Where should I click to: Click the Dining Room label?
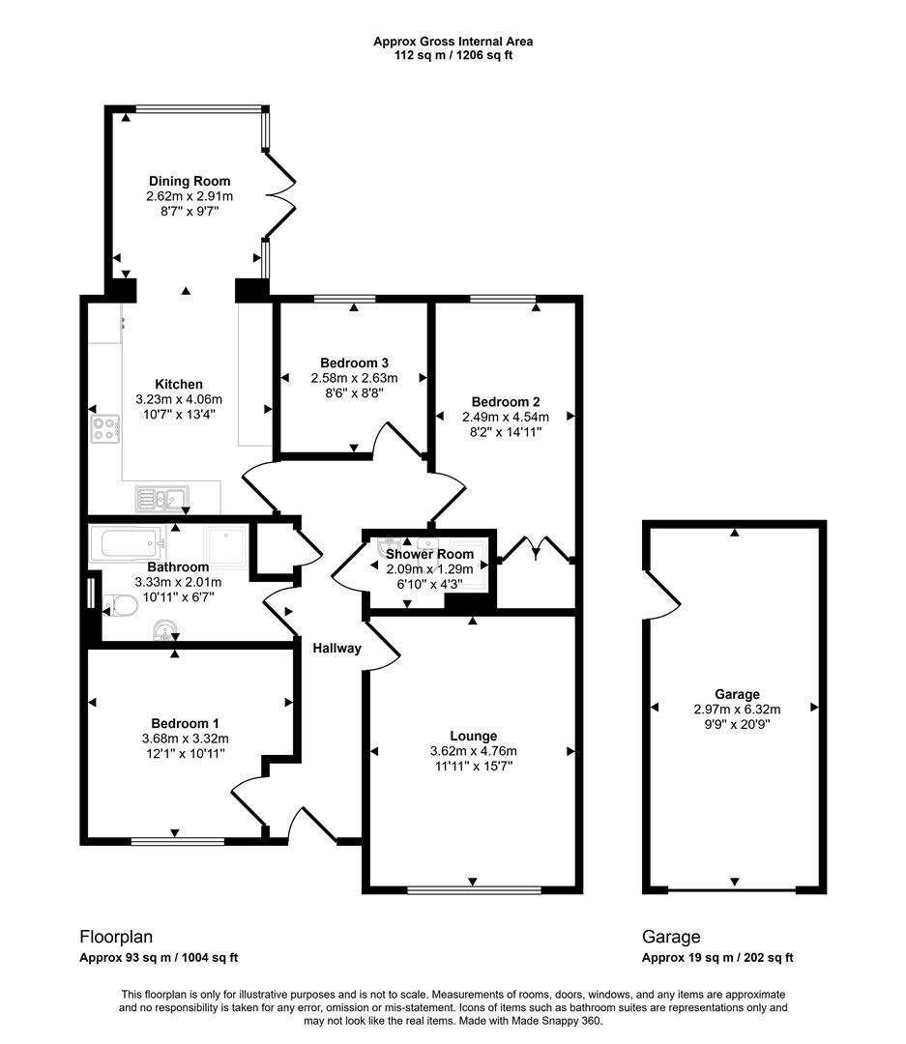coord(190,181)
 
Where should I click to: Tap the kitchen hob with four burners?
coord(104,428)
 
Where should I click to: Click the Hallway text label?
coord(336,649)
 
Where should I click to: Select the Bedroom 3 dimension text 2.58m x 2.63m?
coord(354,378)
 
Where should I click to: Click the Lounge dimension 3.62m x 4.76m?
coord(473,751)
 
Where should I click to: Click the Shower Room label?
coord(429,554)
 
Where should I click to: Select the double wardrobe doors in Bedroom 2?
coord(535,548)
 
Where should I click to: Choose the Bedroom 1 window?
coord(175,841)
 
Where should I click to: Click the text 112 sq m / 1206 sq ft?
coord(453,56)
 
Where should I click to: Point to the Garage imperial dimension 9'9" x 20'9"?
coord(737,723)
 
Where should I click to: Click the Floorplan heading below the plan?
coord(115,937)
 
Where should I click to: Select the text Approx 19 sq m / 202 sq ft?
coord(717,958)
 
